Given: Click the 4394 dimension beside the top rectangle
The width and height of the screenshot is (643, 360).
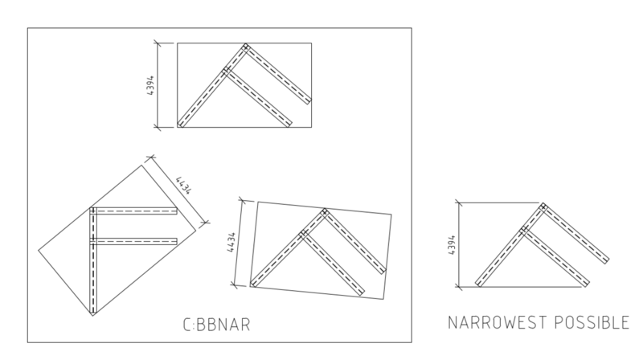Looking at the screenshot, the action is click(150, 85).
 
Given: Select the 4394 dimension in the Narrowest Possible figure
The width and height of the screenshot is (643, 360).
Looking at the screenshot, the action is click(452, 245).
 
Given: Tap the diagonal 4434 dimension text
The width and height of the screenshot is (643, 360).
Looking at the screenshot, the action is click(184, 185).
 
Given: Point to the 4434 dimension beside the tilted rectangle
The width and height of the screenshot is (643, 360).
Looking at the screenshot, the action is click(231, 243).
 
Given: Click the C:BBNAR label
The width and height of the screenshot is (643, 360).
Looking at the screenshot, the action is click(216, 325).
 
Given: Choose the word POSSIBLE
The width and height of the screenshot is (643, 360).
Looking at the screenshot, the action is click(592, 322).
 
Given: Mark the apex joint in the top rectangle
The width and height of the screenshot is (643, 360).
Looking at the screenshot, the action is click(245, 47).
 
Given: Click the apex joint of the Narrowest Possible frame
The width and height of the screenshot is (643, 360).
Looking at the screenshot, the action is click(543, 207).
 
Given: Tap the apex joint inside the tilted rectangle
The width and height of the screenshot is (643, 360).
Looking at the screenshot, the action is click(325, 212).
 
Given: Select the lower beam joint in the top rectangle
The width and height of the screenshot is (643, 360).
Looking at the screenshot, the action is click(225, 71).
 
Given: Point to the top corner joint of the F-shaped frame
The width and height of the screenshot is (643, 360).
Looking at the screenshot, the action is click(92, 211).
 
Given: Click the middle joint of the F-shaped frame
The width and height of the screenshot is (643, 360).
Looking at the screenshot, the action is click(92, 242).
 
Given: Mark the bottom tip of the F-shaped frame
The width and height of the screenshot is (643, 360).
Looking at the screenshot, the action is click(92, 314).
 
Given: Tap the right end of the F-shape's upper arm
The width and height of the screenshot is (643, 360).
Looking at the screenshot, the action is click(176, 211).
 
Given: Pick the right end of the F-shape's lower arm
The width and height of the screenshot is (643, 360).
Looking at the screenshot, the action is click(176, 242).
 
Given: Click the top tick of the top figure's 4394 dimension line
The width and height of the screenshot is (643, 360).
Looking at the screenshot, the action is click(158, 43).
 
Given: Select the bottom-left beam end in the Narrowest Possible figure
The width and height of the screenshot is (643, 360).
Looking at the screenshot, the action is click(478, 284).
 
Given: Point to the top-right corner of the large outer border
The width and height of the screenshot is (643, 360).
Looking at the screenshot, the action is click(412, 28).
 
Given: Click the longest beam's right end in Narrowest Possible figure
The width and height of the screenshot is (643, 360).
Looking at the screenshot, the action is click(607, 260).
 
